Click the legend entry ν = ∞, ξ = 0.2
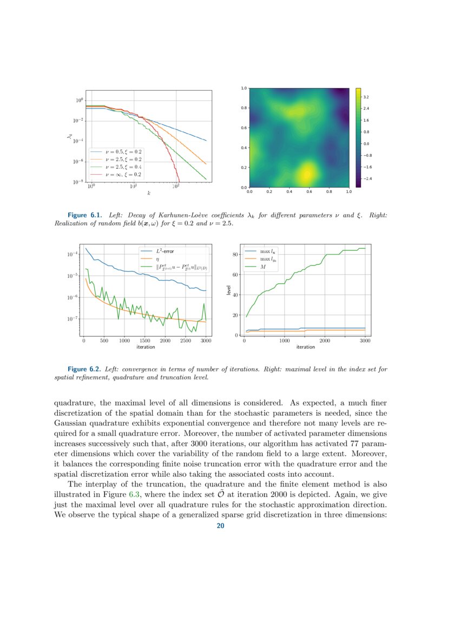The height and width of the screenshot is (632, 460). [124, 175]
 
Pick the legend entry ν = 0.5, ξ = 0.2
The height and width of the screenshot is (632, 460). [124, 152]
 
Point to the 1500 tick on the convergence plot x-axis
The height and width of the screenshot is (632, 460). [144, 341]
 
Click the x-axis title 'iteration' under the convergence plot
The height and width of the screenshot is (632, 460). [144, 347]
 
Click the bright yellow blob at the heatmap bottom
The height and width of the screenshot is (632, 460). [306, 174]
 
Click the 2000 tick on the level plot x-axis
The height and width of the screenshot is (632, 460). [325, 341]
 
